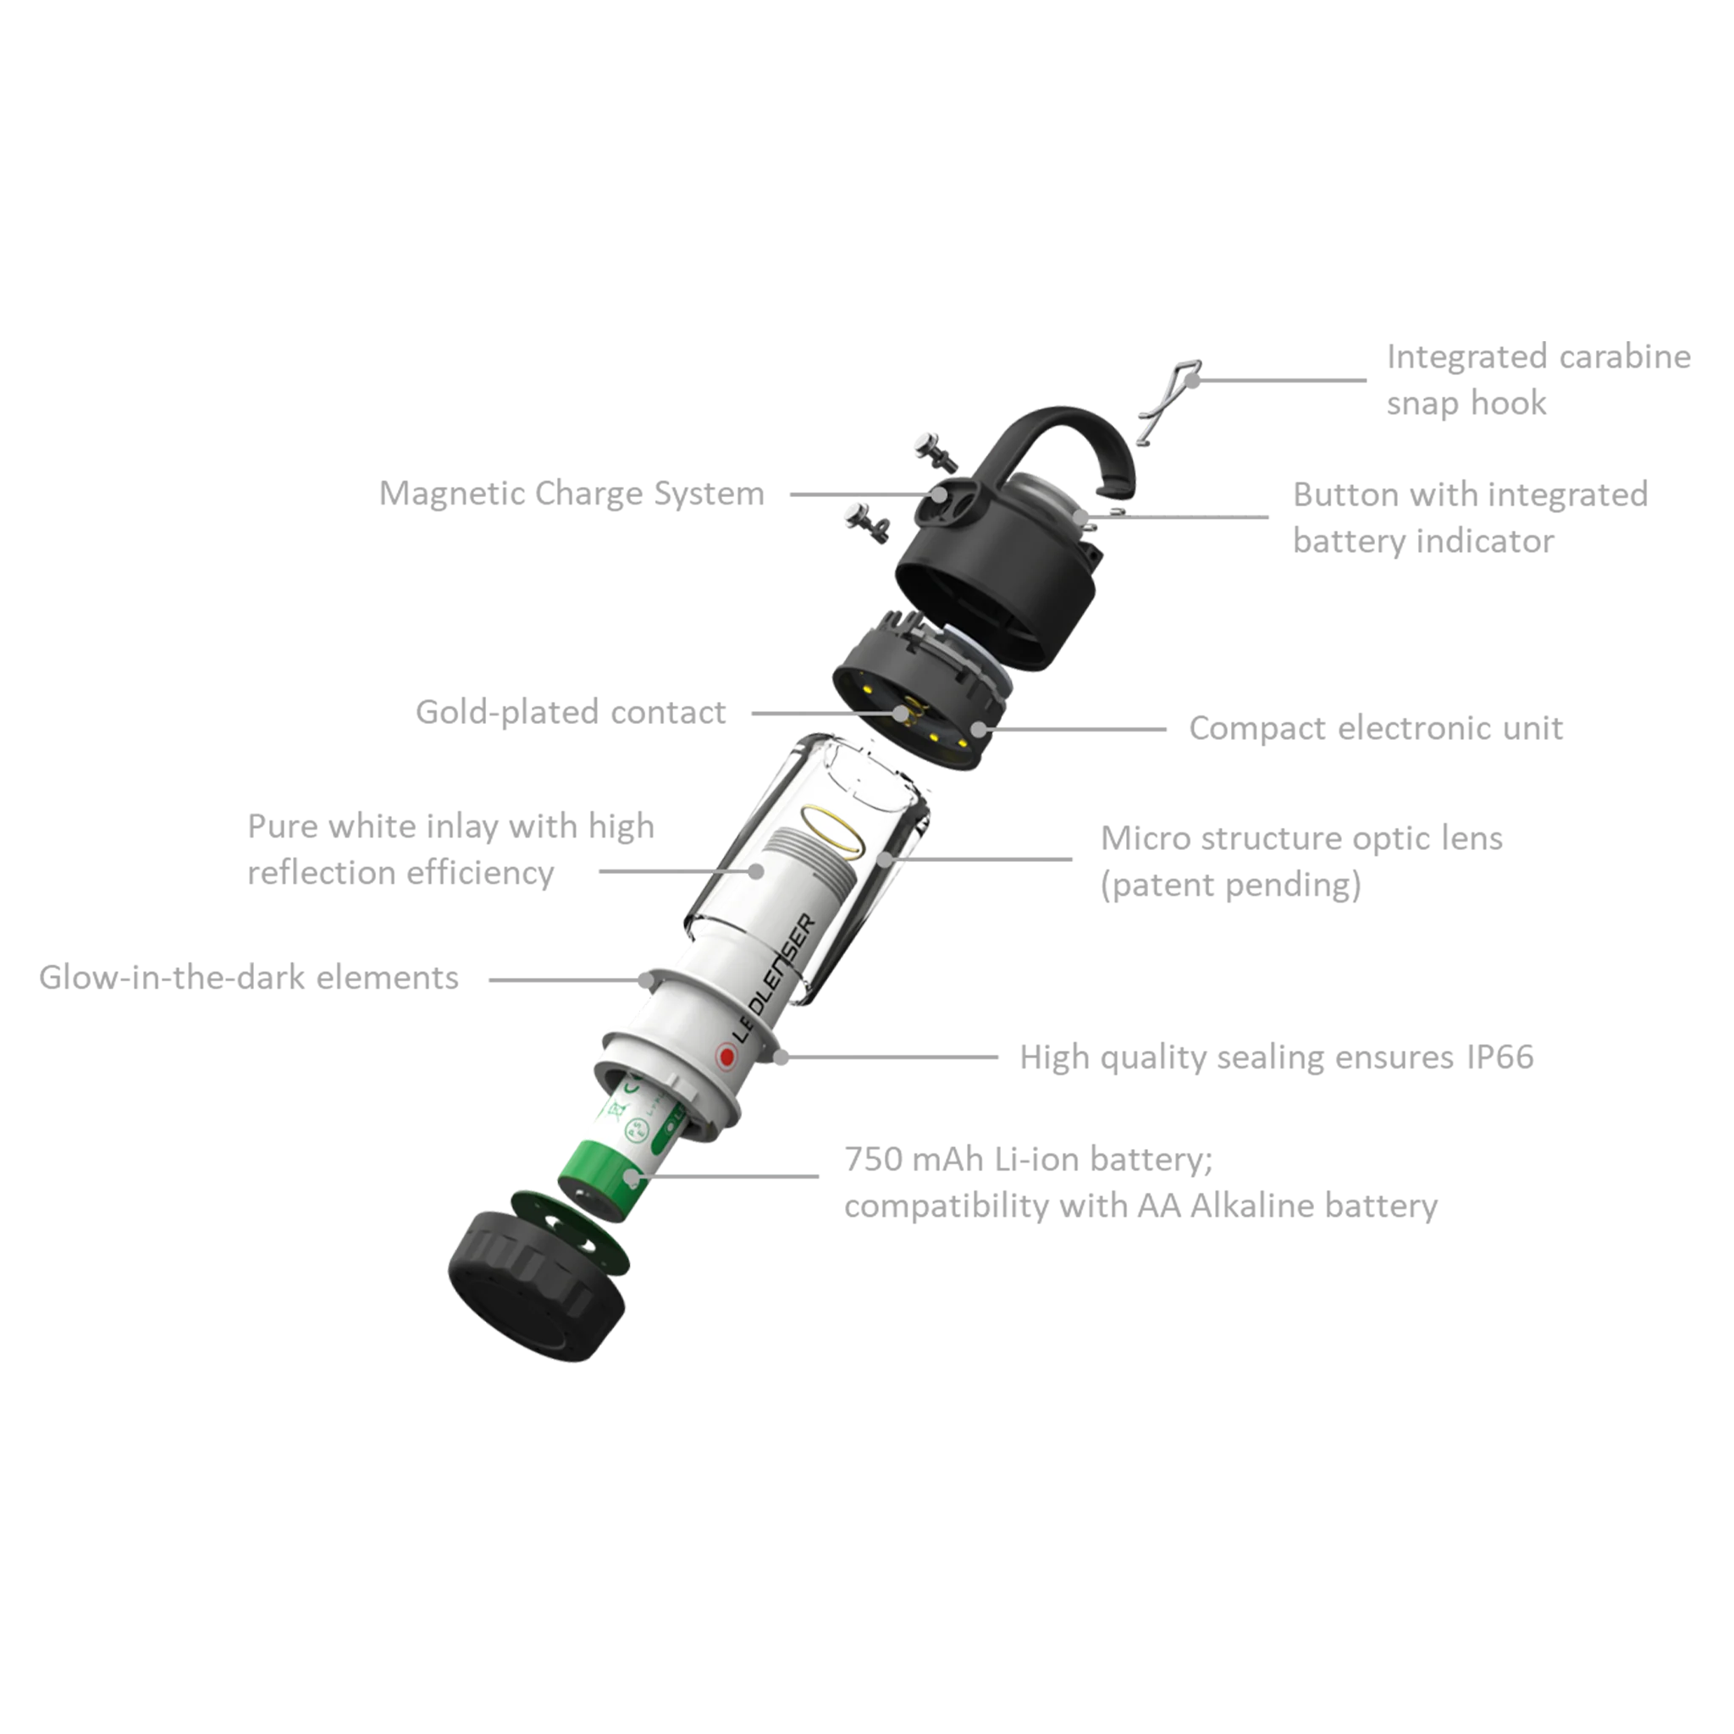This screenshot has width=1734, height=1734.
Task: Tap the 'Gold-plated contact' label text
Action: click(571, 712)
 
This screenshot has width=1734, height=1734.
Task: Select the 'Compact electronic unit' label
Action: click(1377, 728)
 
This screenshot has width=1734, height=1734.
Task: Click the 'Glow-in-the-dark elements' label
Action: click(249, 977)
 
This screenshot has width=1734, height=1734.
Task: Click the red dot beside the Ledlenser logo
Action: click(726, 1058)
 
